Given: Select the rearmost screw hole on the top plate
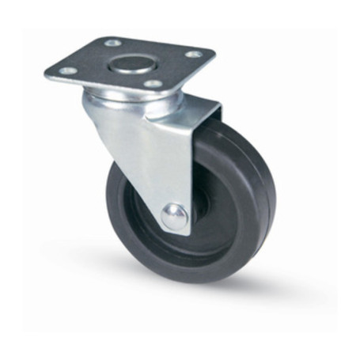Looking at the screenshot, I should pos(112,43).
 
